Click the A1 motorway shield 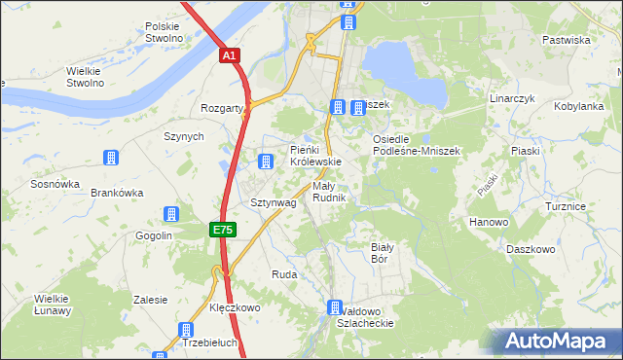pyautogui.click(x=228, y=56)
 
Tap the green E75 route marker pyautogui.click(x=222, y=230)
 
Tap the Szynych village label pyautogui.click(x=184, y=137)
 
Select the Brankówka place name pyautogui.click(x=117, y=193)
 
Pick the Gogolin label pyautogui.click(x=153, y=236)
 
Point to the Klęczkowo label pyautogui.click(x=235, y=307)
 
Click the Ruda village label pyautogui.click(x=283, y=275)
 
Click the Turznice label pyautogui.click(x=566, y=207)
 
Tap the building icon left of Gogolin pyautogui.click(x=172, y=214)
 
